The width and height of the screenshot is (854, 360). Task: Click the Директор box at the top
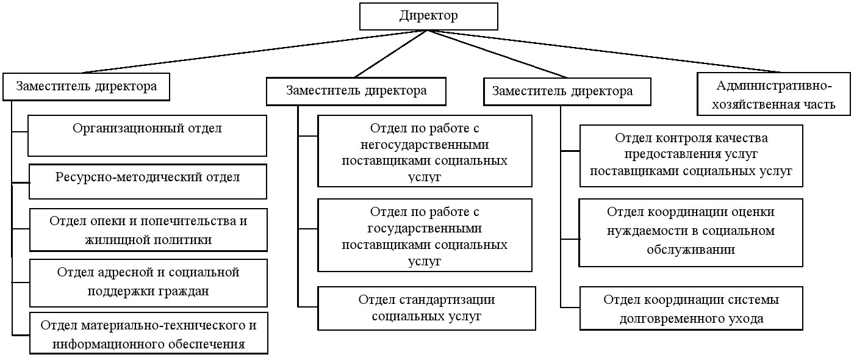click(428, 16)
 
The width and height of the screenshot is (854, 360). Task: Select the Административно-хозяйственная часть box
click(775, 95)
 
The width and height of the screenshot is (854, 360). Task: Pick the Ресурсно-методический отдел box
click(148, 181)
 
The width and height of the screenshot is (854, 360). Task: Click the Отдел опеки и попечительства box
click(148, 230)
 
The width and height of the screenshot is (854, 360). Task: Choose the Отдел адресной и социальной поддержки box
click(148, 282)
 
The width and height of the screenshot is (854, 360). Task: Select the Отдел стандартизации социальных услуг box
click(426, 308)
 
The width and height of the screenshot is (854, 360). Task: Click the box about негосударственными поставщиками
click(425, 151)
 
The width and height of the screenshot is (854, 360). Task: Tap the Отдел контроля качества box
click(691, 155)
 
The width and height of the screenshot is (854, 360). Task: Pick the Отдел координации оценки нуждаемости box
click(691, 231)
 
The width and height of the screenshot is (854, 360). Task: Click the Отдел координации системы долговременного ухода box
click(691, 309)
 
